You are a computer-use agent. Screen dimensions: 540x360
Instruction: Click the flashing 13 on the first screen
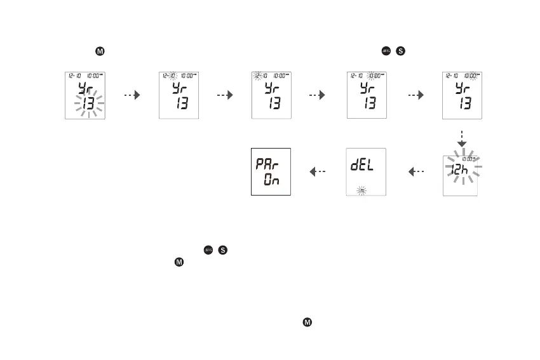pyautogui.click(x=88, y=103)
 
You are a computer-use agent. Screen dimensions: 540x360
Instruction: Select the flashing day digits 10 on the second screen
pyautogui.click(x=172, y=75)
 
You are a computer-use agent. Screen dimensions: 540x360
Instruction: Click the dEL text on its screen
pyautogui.click(x=361, y=166)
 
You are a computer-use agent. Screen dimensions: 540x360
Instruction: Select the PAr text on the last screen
pyautogui.click(x=266, y=164)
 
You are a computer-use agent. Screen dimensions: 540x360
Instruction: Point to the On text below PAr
pyautogui.click(x=272, y=180)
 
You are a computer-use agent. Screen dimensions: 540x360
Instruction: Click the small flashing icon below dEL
pyautogui.click(x=361, y=190)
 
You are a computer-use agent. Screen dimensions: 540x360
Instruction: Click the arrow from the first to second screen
pyautogui.click(x=131, y=95)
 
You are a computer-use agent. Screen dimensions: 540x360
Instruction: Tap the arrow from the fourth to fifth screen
pyautogui.click(x=415, y=95)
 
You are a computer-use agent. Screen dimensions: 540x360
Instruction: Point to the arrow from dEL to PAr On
pyautogui.click(x=317, y=171)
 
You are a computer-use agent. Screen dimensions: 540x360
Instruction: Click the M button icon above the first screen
pyautogui.click(x=100, y=51)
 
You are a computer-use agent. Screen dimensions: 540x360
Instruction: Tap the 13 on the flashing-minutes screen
pyautogui.click(x=465, y=103)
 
